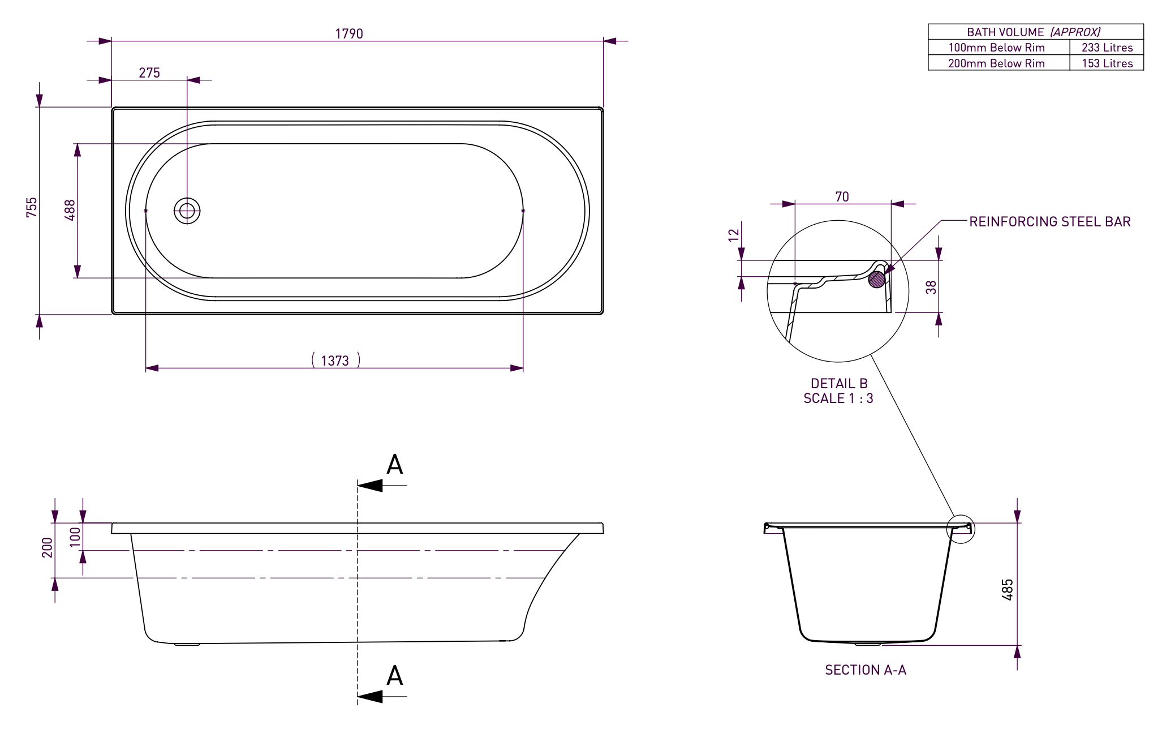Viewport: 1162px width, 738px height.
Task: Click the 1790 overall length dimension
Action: click(349, 34)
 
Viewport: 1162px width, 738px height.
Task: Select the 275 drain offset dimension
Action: click(149, 73)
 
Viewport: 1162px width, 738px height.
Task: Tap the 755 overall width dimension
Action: click(32, 207)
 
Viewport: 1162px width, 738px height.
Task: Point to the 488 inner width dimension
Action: click(70, 210)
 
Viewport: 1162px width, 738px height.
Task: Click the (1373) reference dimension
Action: click(335, 361)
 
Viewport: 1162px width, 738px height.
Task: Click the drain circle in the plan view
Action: click(187, 211)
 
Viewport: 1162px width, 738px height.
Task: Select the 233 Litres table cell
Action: click(1107, 48)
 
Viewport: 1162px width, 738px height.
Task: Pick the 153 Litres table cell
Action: click(1107, 63)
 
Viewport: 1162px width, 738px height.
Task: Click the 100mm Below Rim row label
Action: click(996, 48)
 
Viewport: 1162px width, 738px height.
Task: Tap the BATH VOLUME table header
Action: click(1034, 32)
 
